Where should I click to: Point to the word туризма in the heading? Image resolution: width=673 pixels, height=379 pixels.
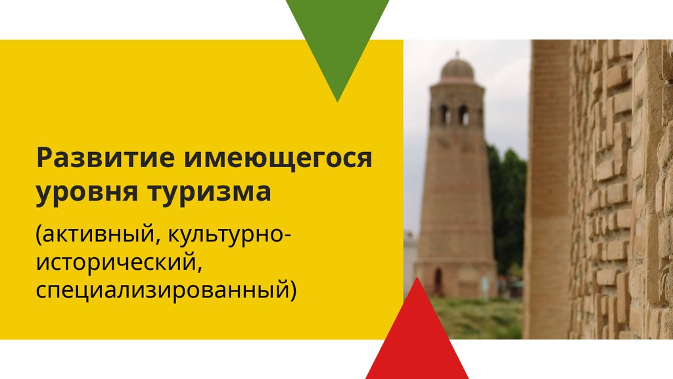pos(209,193)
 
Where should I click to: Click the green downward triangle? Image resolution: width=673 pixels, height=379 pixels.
pos(337,39)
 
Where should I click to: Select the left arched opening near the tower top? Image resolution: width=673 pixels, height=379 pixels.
pos(444,114)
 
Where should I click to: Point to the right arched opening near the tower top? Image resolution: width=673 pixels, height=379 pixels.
pos(463,114)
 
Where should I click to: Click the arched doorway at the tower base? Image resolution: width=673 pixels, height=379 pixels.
pos(438,281)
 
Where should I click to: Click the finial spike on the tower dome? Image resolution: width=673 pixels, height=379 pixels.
pos(457,54)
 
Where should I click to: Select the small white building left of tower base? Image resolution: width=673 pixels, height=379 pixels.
pos(410,260)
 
